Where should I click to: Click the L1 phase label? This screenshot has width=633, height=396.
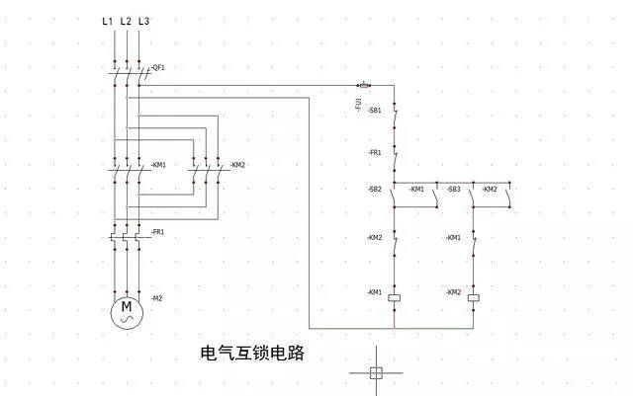pos(107,20)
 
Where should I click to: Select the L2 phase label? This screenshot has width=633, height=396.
pos(126,20)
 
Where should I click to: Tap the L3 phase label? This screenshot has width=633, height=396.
pos(144,20)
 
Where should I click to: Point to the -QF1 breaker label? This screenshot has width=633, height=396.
pos(158,68)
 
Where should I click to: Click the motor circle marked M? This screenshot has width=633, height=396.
pos(127,312)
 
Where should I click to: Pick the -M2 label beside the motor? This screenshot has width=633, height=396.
pos(157,298)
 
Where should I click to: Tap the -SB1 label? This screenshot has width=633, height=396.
pos(375,111)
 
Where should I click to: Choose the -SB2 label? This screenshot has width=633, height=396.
pos(375,189)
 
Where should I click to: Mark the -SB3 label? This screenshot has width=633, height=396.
pos(454,189)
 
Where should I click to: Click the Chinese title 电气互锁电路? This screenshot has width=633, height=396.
pos(253,353)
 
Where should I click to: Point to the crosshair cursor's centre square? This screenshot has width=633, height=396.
pos(375,372)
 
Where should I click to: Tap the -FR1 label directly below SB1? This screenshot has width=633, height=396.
pos(375,153)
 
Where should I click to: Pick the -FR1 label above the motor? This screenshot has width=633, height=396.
pos(158,231)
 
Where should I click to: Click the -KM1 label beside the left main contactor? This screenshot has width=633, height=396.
pos(158,165)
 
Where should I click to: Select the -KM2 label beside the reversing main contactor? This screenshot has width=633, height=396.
pos(237,165)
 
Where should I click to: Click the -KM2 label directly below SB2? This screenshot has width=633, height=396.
pos(375,237)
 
